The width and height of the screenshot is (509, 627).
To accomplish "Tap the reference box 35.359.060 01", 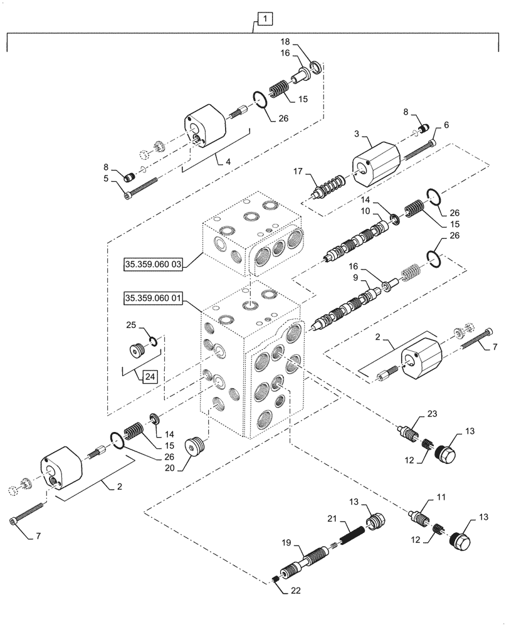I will (153, 298).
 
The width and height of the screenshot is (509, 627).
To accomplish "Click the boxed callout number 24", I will (149, 377).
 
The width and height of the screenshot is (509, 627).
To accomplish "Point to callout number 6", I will (447, 125).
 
